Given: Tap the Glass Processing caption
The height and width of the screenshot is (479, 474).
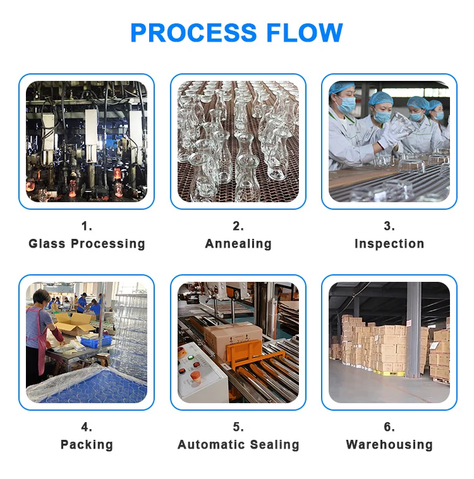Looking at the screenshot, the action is [87, 244].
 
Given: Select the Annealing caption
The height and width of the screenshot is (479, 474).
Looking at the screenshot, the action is [238, 244].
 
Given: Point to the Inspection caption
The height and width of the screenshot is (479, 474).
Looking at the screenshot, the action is [389, 244].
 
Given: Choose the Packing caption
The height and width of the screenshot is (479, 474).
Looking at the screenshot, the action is [87, 445].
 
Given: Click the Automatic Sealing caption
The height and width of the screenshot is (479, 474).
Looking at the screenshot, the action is [238, 445].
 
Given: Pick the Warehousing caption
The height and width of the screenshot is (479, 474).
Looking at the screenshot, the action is [389, 445].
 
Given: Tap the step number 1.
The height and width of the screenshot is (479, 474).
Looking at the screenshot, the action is [87, 226].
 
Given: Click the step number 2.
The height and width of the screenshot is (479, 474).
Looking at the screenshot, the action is [238, 226].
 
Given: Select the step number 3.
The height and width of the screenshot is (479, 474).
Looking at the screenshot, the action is [389, 226].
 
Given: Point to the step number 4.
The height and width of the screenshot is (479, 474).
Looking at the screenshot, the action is [87, 427].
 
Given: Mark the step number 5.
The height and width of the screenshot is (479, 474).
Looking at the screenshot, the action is [238, 427].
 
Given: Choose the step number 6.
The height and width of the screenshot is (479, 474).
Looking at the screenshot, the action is [389, 427].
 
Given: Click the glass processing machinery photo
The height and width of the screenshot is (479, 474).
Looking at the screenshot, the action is [87, 142].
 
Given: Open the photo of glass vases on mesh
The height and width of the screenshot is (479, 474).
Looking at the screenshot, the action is [238, 142].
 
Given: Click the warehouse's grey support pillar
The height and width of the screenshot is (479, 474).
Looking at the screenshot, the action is [413, 329].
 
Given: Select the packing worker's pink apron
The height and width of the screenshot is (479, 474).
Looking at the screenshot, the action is [42, 351].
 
